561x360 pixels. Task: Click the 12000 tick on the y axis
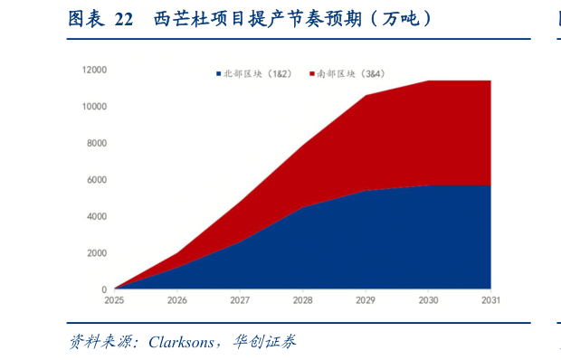coord(95,70)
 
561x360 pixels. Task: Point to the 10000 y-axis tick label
coord(95,107)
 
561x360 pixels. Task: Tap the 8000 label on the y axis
coord(97,143)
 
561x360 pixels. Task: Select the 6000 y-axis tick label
coord(97,180)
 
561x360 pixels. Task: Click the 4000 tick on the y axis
coord(97,216)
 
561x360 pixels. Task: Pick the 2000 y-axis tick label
coord(97,253)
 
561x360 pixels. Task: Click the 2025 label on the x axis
coord(114,300)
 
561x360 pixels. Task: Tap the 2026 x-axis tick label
coord(177,300)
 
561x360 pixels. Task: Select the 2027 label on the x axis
coord(240,300)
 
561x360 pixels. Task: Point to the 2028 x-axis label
coord(303,300)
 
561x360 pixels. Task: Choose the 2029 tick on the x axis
coord(366,300)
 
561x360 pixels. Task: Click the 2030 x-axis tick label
coord(428,300)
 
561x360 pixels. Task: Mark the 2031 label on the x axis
coord(490,300)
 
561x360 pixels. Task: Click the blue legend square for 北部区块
coord(218,72)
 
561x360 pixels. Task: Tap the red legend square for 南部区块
coord(312,72)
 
